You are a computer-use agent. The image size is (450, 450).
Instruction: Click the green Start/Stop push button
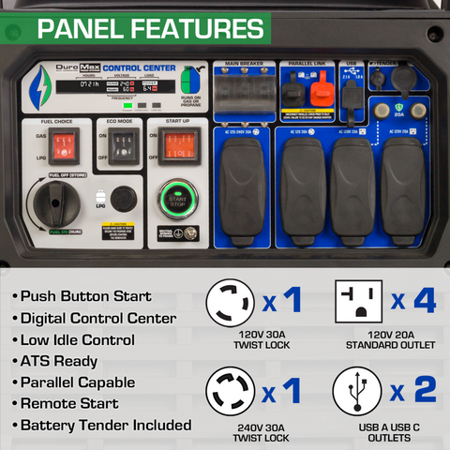point(176,199)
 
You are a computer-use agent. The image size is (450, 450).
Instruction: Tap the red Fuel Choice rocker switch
point(65,145)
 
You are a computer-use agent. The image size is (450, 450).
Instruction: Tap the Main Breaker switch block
point(243,94)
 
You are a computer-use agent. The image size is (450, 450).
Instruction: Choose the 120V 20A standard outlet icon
point(361,302)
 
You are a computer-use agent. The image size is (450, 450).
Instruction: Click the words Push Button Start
point(86,296)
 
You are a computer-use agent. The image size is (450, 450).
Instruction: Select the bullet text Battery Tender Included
point(106,426)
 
